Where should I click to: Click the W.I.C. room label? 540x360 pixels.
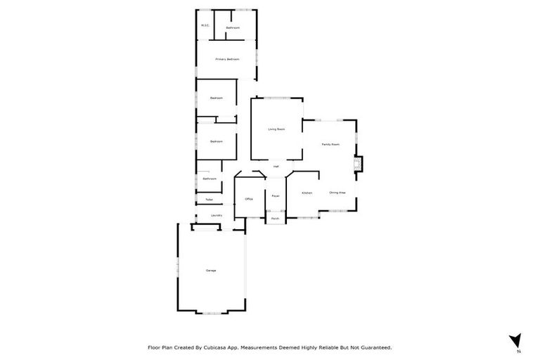(205, 26)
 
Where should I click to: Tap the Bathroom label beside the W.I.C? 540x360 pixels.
(233, 28)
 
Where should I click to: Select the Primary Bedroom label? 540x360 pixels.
(227, 59)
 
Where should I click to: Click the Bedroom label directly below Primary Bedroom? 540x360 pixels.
(216, 98)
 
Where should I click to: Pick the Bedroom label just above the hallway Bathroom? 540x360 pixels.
(216, 142)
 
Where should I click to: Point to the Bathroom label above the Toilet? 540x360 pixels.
(209, 179)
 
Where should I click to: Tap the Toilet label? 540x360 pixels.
(210, 200)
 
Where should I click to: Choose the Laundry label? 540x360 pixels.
(217, 215)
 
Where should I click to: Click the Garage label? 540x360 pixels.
(210, 271)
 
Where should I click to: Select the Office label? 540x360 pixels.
(248, 199)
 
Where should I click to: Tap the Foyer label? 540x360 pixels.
(275, 195)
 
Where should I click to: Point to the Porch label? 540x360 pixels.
(275, 219)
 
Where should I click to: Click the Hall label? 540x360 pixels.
(276, 167)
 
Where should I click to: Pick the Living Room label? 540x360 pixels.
(276, 129)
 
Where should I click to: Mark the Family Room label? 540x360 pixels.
(330, 144)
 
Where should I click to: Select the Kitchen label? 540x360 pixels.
(307, 193)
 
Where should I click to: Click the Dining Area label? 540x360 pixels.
(337, 192)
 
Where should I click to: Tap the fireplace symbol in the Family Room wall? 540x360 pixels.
(359, 164)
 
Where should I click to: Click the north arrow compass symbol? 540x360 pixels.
(515, 341)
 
